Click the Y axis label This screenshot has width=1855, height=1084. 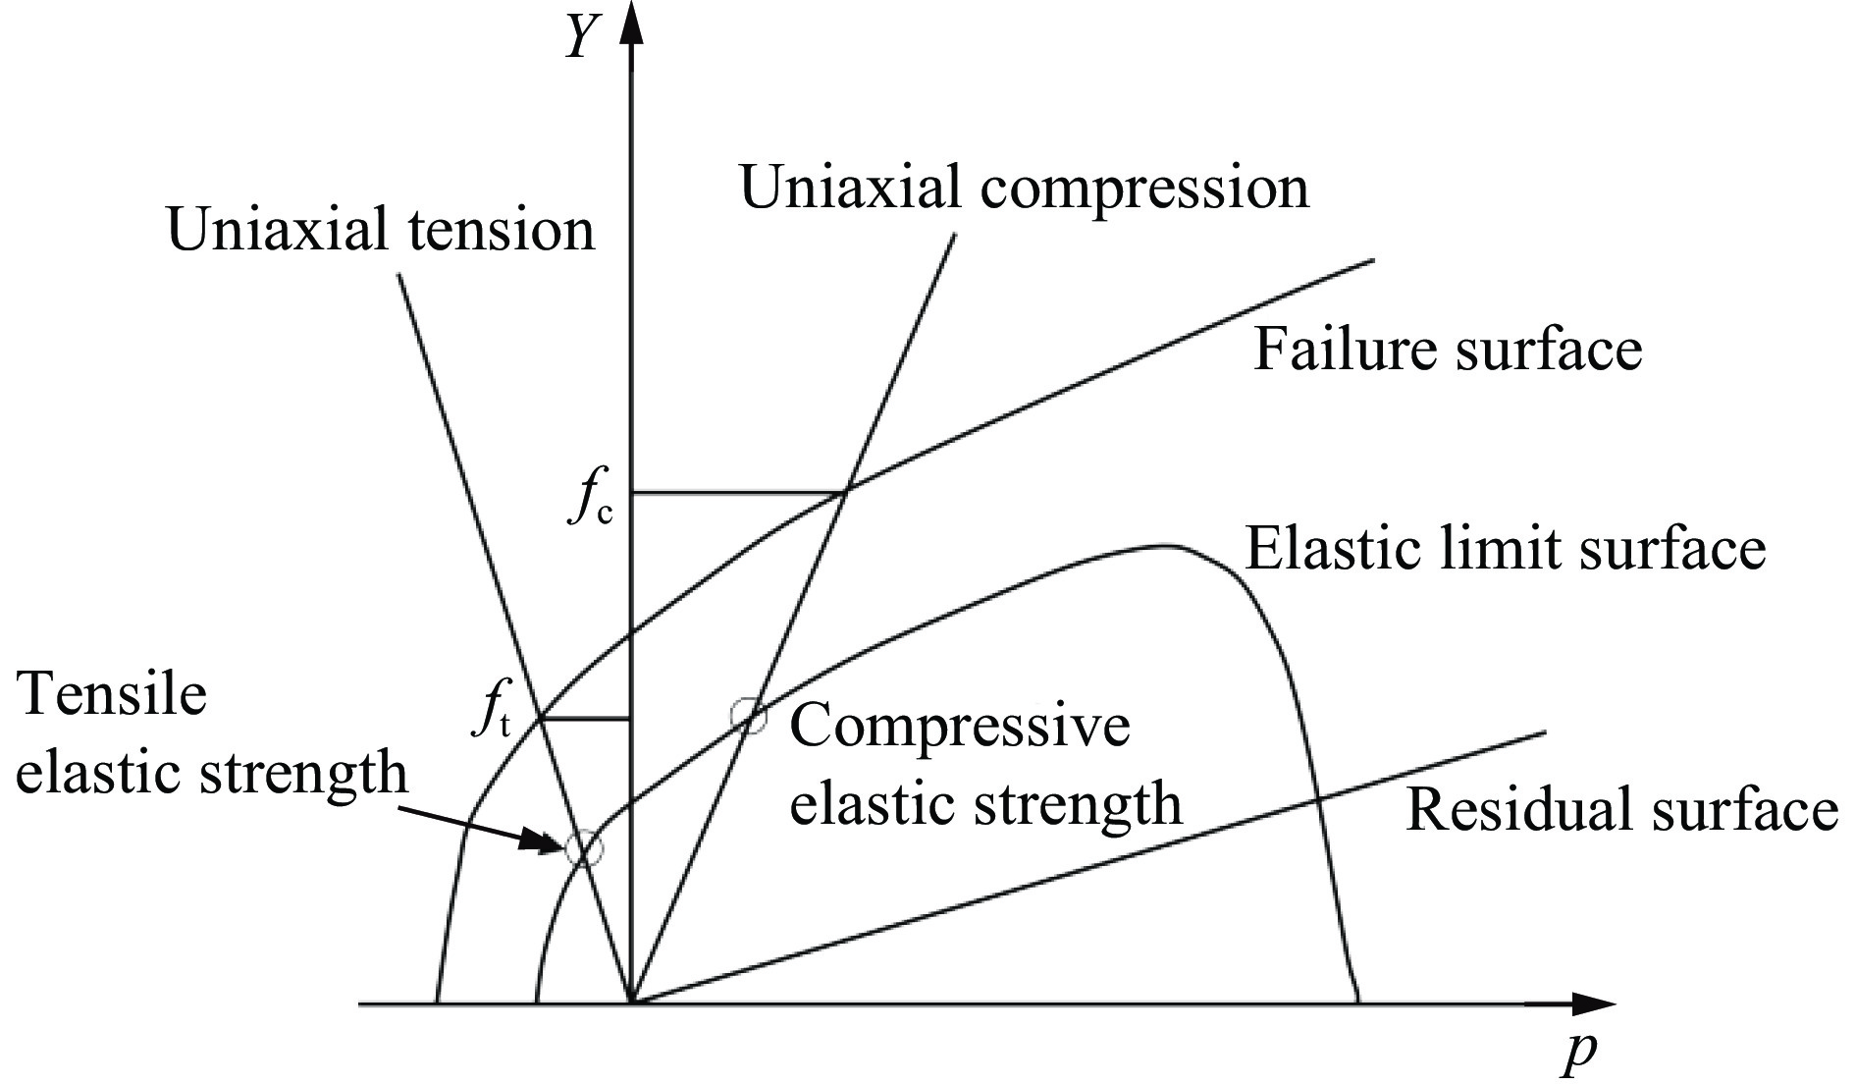point(581,39)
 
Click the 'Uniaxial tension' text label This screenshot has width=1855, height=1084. point(382,232)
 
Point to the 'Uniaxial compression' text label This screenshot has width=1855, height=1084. point(1024,187)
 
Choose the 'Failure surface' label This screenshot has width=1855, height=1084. point(1447,350)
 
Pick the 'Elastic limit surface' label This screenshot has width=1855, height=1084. point(1506,548)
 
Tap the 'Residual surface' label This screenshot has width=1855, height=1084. point(1621,811)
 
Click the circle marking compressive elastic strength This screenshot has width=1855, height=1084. point(749,716)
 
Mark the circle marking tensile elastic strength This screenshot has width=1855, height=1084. point(584,847)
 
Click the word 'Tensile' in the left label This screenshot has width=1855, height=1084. point(113,695)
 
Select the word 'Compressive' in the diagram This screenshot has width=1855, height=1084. point(960,728)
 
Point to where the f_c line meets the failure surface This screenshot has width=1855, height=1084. point(844,491)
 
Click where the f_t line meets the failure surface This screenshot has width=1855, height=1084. point(542,719)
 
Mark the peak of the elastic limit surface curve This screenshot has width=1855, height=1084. point(1163,545)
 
